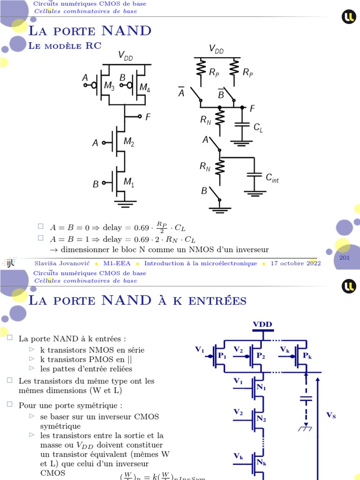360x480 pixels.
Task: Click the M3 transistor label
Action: tap(109, 86)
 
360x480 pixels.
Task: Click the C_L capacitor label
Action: tap(258, 128)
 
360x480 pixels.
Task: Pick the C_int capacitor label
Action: tap(272, 178)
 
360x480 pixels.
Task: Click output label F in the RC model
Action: tap(252, 108)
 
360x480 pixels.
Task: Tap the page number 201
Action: tap(345, 258)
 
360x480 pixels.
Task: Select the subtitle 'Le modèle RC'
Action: tap(65, 45)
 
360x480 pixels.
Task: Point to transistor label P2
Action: tap(261, 356)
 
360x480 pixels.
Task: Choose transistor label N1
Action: tap(261, 388)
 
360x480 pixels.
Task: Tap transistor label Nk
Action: tap(261, 462)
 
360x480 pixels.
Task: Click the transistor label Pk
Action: tap(307, 356)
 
